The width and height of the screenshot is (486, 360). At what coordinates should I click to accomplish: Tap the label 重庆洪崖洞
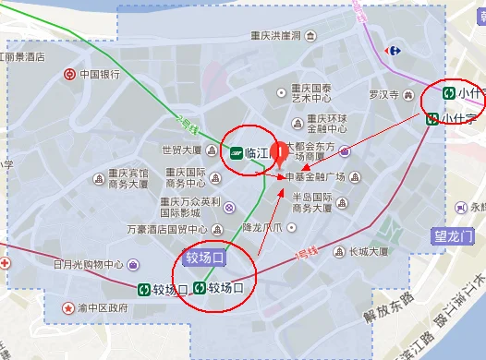click(275, 38)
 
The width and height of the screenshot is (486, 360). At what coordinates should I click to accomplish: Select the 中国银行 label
click(101, 74)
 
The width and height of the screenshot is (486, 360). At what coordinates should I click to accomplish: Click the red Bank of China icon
click(70, 74)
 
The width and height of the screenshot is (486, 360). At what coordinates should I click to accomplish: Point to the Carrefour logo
click(395, 50)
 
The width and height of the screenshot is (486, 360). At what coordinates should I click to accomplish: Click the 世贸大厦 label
click(182, 150)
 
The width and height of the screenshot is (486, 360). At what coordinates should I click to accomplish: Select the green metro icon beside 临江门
click(237, 153)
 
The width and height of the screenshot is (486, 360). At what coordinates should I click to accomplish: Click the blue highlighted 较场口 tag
click(204, 257)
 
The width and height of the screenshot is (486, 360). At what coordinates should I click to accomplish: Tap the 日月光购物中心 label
click(89, 264)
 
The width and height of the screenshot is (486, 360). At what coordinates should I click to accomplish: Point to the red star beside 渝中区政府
click(67, 307)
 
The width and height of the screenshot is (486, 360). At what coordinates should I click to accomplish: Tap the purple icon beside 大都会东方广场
click(344, 151)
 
